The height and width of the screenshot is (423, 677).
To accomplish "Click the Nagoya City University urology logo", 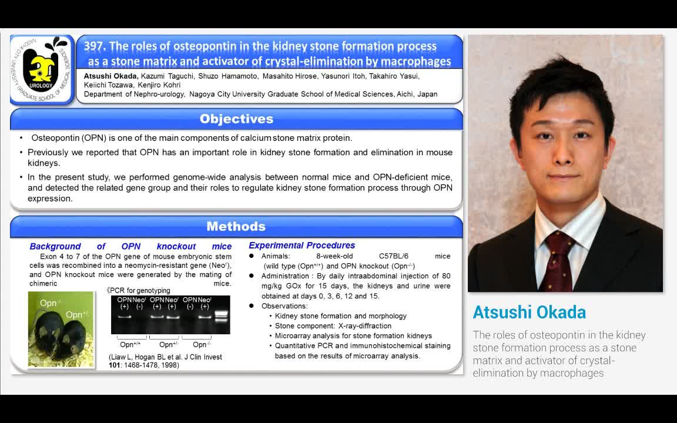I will tap(42, 69).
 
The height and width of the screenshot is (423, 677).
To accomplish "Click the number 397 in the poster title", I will tap(94, 46).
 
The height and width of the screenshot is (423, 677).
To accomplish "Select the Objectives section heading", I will tap(236, 119).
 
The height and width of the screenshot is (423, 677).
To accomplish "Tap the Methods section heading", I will tap(236, 226).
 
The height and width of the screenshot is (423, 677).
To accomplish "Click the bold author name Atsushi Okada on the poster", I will tap(111, 76).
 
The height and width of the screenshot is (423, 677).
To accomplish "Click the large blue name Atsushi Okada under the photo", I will tap(529, 312).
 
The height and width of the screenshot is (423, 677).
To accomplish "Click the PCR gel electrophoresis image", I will tap(170, 315).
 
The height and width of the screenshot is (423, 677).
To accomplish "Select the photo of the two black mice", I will tap(61, 329).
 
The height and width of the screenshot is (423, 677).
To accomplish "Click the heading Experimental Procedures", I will tap(301, 246).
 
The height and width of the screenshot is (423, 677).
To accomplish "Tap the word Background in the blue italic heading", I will tap(55, 247).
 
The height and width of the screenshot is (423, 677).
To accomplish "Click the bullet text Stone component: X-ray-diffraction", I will tap(333, 325).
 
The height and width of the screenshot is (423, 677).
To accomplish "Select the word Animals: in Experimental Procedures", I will tap(276, 256).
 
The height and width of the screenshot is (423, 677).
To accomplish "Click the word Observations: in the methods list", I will tap(284, 306).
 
